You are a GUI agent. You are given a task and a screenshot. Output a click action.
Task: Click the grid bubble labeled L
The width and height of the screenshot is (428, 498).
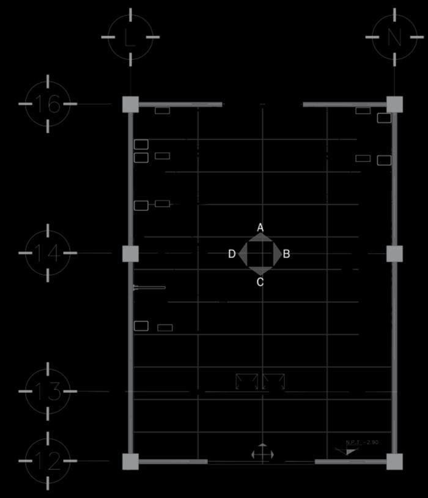130,37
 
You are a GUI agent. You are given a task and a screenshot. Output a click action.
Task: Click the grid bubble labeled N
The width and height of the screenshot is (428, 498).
394,37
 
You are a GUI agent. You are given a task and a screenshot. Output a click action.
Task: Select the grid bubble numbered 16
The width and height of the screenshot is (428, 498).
48,104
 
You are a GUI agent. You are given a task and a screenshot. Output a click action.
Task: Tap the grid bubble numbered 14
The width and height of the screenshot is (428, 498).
48,253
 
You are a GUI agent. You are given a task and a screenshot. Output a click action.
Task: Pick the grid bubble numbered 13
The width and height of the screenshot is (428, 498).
48,391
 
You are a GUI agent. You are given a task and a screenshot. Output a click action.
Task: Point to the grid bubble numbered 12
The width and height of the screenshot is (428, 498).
48,461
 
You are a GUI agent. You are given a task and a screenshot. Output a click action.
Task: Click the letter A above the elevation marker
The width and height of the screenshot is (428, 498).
260,227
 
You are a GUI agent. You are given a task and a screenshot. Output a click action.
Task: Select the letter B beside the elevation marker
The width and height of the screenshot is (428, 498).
286,254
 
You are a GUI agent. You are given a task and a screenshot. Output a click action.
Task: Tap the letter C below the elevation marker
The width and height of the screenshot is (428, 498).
260,282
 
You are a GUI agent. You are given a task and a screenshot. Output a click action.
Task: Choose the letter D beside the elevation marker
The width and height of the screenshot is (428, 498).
232,254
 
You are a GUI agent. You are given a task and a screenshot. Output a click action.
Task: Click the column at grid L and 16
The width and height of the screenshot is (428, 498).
130,104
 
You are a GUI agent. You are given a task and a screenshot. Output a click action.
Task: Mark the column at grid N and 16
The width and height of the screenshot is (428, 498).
394,104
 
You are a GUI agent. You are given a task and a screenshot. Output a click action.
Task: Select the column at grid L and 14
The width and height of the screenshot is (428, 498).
130,254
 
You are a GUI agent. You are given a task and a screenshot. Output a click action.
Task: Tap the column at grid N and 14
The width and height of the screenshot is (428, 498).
394,254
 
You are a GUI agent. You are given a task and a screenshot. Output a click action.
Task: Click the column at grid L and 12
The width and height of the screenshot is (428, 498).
130,461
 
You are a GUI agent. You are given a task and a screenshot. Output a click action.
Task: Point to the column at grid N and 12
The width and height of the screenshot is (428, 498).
394,461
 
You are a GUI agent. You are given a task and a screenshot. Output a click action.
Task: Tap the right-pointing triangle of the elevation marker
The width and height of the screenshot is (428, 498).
277,254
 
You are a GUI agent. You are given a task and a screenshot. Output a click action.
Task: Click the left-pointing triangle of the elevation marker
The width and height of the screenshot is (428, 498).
243,254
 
